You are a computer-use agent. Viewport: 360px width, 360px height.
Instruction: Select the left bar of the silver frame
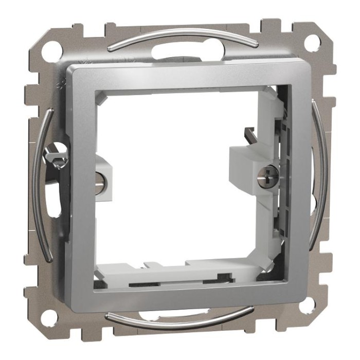coord(80,190)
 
